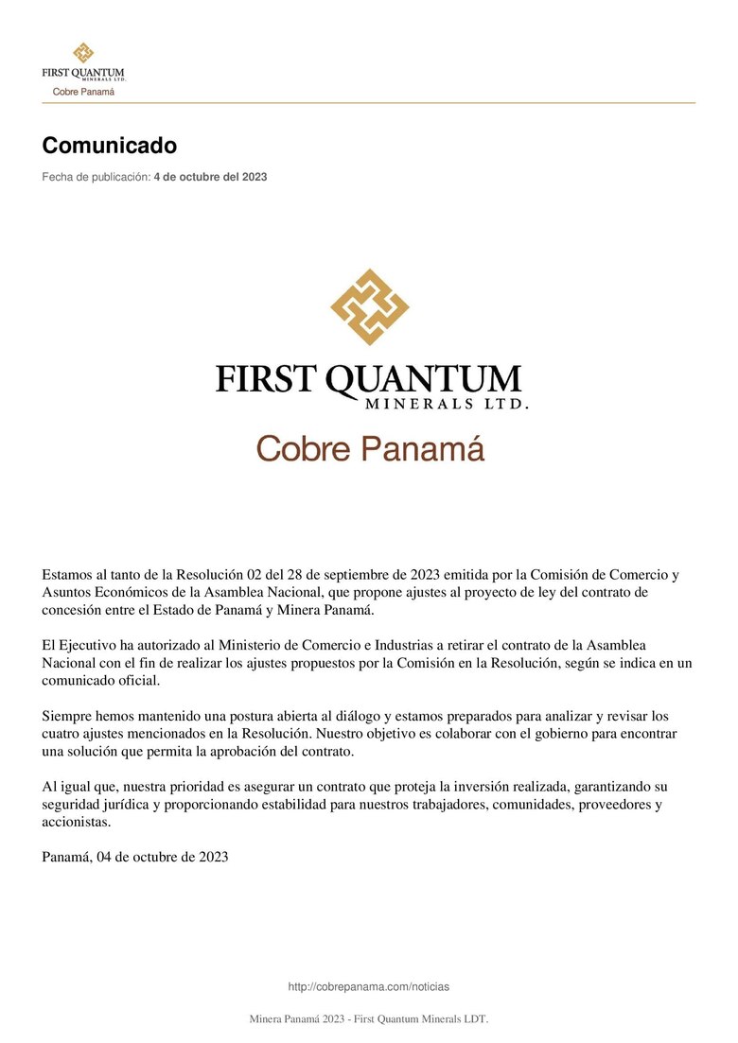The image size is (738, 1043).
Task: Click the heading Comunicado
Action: [109, 146]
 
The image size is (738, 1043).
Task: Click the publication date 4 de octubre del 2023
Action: [210, 177]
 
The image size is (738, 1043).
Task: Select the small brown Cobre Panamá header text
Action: [83, 92]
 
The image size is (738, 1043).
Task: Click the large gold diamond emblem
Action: [369, 306]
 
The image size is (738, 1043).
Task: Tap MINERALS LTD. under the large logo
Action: [446, 404]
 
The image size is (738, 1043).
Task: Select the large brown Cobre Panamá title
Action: [370, 448]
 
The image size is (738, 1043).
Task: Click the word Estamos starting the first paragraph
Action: [69, 574]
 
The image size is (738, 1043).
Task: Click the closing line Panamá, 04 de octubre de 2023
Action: [135, 857]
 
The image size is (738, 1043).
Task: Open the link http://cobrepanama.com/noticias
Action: [369, 986]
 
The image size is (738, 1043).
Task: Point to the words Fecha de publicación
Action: [96, 177]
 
